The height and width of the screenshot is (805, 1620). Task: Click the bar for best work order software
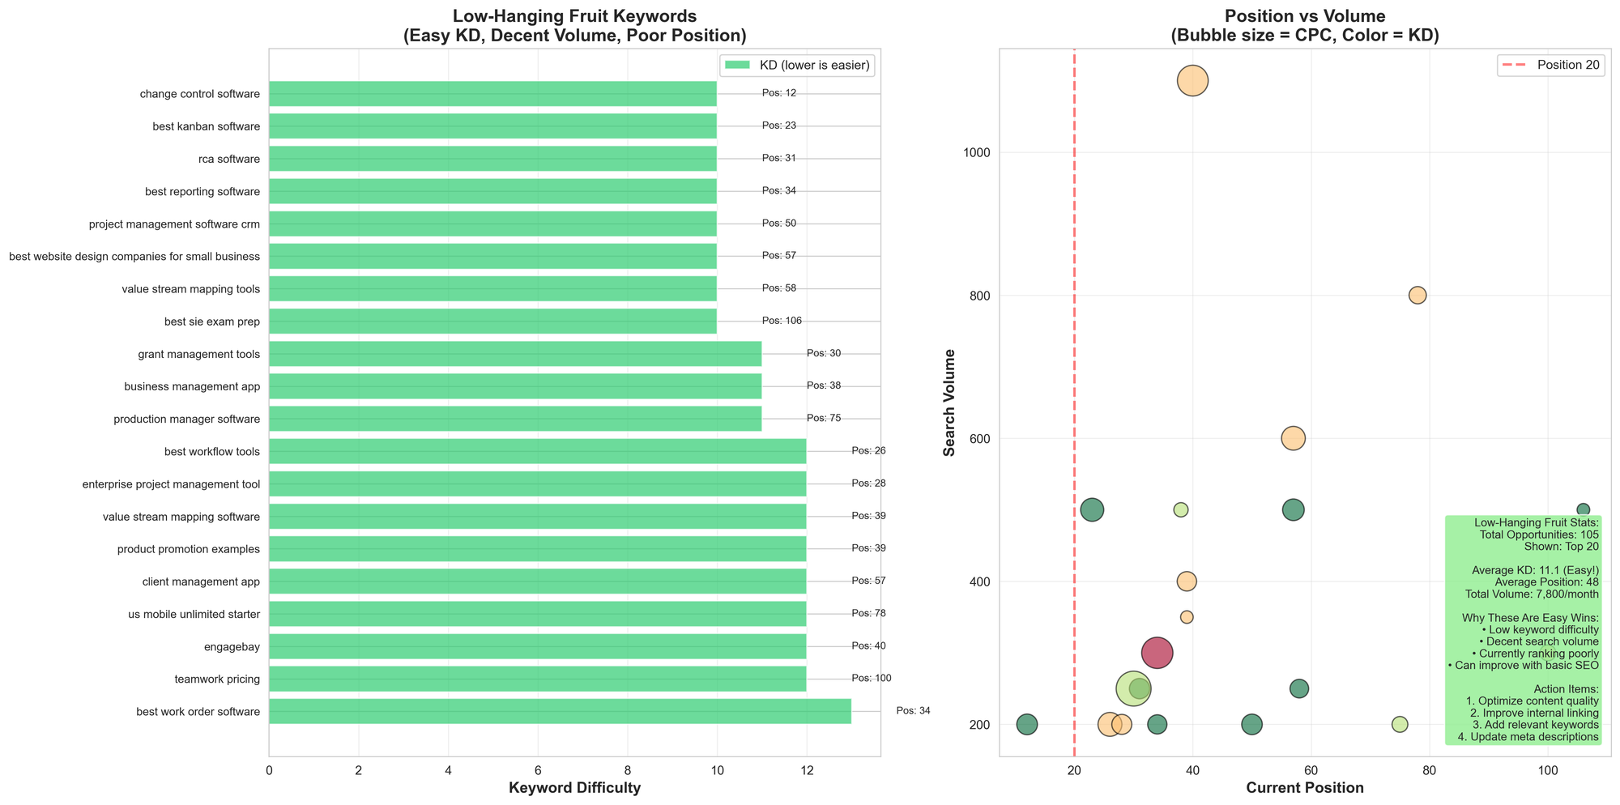tap(559, 711)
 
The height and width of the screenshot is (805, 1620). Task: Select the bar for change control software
tap(492, 93)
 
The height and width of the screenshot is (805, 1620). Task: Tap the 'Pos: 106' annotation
tap(782, 321)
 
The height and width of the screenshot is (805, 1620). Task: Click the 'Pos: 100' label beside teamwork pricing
tap(871, 678)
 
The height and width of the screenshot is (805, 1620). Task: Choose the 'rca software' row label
tap(229, 159)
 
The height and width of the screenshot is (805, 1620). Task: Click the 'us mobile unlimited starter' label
tap(194, 614)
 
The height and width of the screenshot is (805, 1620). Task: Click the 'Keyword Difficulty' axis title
tap(574, 788)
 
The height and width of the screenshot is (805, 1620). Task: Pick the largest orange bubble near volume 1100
tap(1192, 80)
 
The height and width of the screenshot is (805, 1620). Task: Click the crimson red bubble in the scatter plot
tap(1157, 653)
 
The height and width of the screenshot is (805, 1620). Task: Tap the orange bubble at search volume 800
tap(1417, 295)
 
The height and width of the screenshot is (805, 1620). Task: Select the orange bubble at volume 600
tap(1293, 438)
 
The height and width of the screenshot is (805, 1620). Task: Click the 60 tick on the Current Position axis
tap(1311, 768)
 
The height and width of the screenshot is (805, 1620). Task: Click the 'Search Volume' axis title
tap(951, 402)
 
